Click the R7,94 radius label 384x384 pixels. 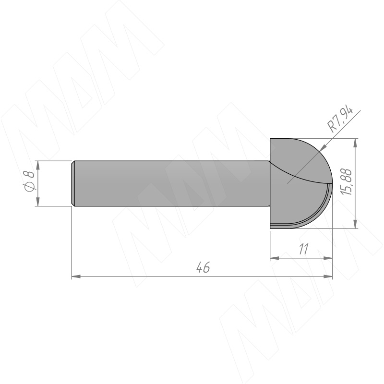340,120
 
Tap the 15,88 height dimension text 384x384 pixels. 347,182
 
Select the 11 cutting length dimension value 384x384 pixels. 303,249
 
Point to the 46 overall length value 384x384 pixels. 203,267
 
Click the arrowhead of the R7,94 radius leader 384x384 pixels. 323,147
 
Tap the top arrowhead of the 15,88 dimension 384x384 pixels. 356,143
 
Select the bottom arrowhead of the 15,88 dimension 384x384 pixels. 356,224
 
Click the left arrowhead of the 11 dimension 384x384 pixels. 275,258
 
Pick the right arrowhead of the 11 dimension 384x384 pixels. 328,258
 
